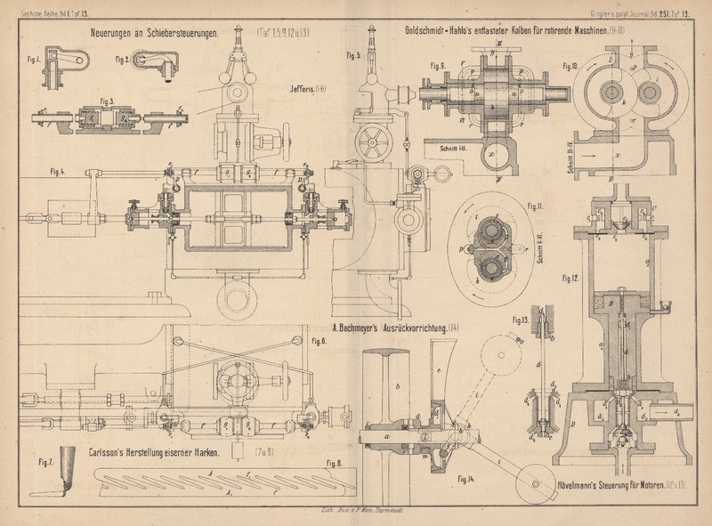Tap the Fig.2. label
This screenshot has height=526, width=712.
[122, 59]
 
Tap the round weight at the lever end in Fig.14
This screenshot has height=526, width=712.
[522, 484]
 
